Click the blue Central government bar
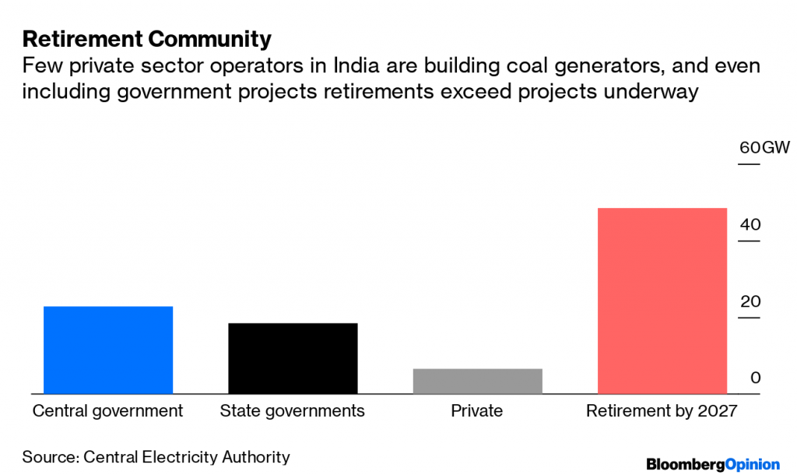(x=107, y=350)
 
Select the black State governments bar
(x=293, y=358)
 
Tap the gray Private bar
(x=477, y=381)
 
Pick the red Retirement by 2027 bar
(x=662, y=301)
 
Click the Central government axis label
(x=107, y=411)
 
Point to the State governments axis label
(x=293, y=411)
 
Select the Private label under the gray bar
(x=477, y=411)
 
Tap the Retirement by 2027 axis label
(x=661, y=411)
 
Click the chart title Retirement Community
(x=147, y=38)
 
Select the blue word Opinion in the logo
(x=752, y=464)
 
